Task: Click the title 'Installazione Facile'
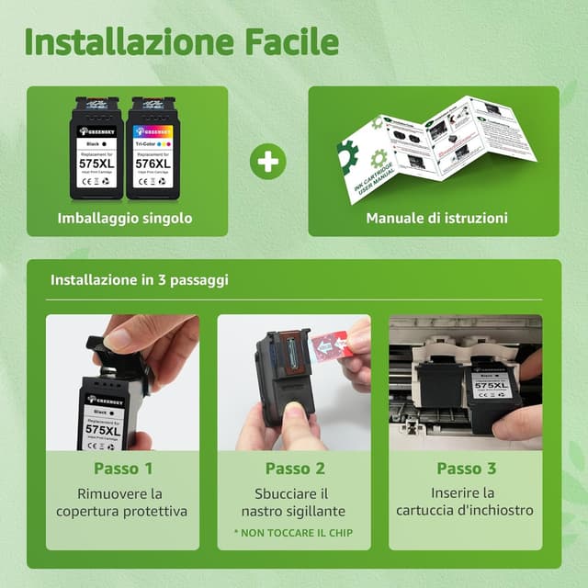(x=181, y=41)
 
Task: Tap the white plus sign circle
(x=267, y=161)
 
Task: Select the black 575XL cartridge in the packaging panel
(x=96, y=149)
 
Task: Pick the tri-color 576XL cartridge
(x=153, y=149)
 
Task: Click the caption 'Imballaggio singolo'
(x=127, y=219)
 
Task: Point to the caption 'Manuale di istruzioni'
(x=436, y=219)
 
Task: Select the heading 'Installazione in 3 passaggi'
(x=140, y=279)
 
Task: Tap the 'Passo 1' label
(x=122, y=469)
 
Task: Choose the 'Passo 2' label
(x=294, y=469)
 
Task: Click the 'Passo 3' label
(x=466, y=469)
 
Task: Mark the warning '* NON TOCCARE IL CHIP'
(x=293, y=533)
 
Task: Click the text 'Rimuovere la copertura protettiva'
(x=122, y=502)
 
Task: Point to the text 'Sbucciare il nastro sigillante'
(x=294, y=502)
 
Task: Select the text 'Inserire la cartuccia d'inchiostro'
(x=466, y=502)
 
